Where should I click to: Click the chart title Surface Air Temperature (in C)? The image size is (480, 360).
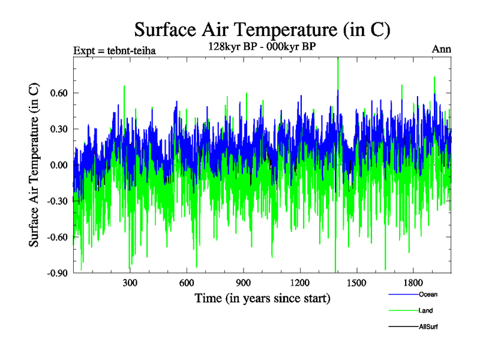[x=262, y=29]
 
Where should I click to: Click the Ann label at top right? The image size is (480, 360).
[x=442, y=50]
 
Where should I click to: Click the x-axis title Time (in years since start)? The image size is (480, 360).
[x=262, y=298]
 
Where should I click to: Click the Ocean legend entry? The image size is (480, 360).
[x=427, y=294]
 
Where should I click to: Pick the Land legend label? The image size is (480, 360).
[x=425, y=310]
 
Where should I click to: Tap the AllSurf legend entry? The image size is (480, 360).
[x=428, y=326]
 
